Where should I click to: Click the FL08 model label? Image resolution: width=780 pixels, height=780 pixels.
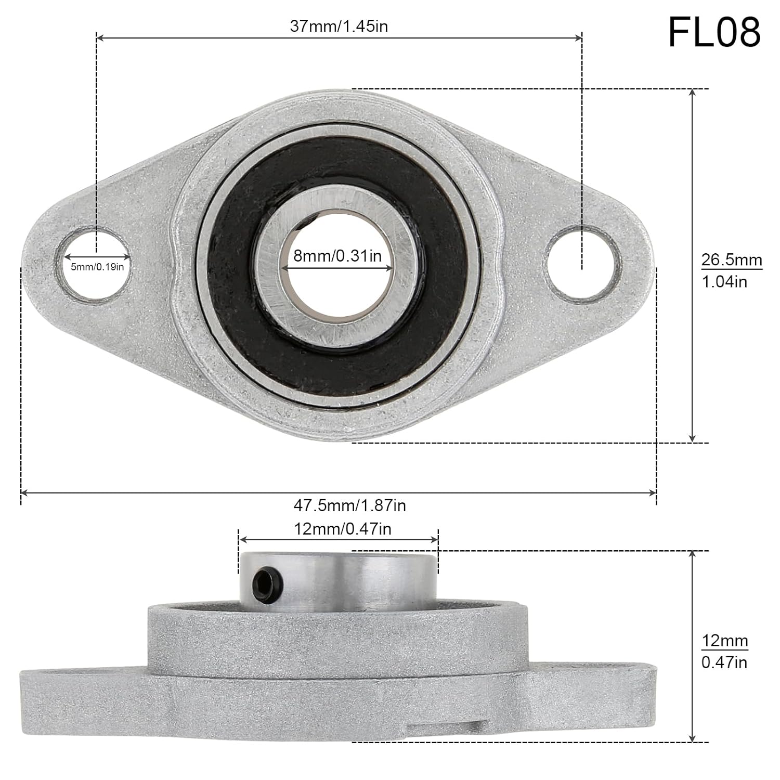point(714,32)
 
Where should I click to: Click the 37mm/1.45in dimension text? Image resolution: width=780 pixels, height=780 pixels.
point(339,26)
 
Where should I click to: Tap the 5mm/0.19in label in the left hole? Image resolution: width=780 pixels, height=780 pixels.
point(97,267)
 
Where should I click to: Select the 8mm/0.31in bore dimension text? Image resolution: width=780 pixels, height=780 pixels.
point(337,255)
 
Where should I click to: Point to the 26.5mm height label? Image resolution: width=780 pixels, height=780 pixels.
point(731,259)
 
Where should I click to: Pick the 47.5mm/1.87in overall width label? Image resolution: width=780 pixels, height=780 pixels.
point(349,505)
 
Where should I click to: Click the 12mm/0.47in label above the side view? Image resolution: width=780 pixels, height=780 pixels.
point(342,529)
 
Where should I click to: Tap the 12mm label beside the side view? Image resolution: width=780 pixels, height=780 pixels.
point(724,641)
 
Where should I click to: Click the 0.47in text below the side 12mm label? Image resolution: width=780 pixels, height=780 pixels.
point(724,662)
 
